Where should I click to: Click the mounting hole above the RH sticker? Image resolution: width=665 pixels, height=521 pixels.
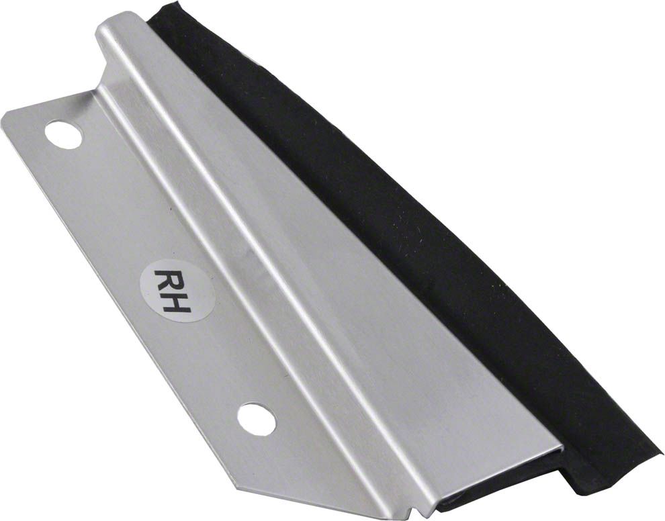click(x=63, y=135)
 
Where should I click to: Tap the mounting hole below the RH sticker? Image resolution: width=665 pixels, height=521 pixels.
click(x=256, y=419)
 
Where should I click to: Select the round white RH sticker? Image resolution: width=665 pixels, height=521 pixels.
click(x=178, y=291)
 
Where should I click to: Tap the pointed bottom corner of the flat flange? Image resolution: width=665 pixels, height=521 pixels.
click(x=241, y=487)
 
